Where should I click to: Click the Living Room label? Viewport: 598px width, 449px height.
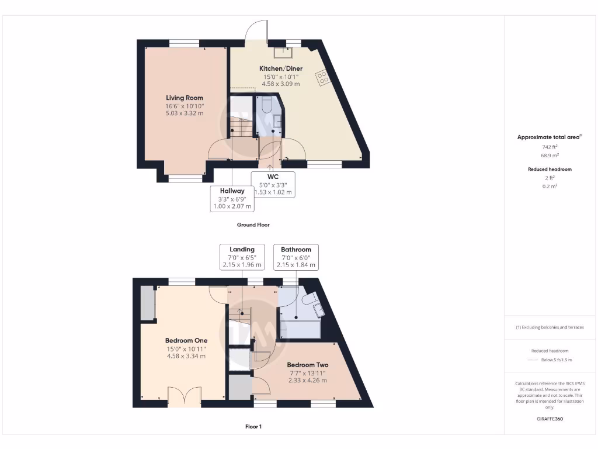coord(185,98)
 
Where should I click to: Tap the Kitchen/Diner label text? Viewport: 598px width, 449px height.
coord(281,68)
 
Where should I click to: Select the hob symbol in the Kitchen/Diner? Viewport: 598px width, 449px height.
coord(322,78)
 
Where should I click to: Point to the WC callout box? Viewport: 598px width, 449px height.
coord(272,184)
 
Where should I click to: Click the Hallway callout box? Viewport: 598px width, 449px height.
coord(232,198)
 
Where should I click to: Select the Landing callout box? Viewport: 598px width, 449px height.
coord(242,257)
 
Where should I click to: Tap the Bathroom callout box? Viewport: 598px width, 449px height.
coord(296,257)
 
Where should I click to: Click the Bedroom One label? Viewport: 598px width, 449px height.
coord(186,340)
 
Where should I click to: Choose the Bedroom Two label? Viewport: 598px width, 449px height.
coord(307,365)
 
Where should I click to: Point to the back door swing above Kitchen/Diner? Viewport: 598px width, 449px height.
coord(256,32)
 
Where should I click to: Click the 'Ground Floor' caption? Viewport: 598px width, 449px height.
coord(253,224)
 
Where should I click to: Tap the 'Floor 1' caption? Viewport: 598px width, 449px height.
coord(253,427)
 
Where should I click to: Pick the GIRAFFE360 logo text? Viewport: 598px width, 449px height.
coord(549,419)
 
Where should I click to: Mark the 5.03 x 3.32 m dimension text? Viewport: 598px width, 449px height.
coord(185,113)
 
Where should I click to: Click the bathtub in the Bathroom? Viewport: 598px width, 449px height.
coord(300,329)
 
